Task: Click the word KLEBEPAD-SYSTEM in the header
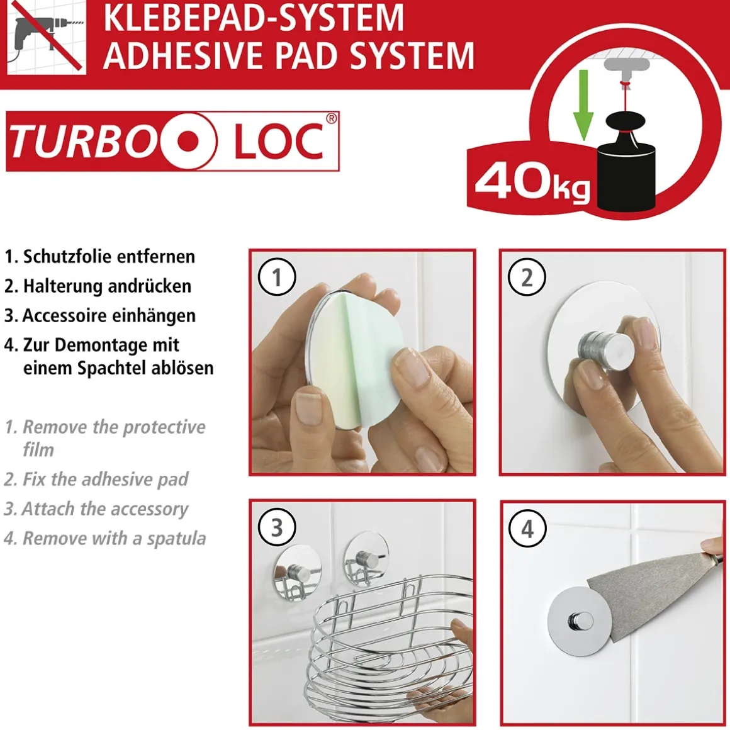pyautogui.click(x=253, y=17)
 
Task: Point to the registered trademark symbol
pyautogui.click(x=331, y=119)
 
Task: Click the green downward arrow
pyautogui.click(x=583, y=104)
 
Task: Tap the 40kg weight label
pyautogui.click(x=532, y=182)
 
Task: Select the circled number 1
pyautogui.click(x=277, y=277)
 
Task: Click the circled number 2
pyautogui.click(x=527, y=278)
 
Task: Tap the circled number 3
pyautogui.click(x=277, y=527)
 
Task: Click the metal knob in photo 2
pyautogui.click(x=598, y=347)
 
